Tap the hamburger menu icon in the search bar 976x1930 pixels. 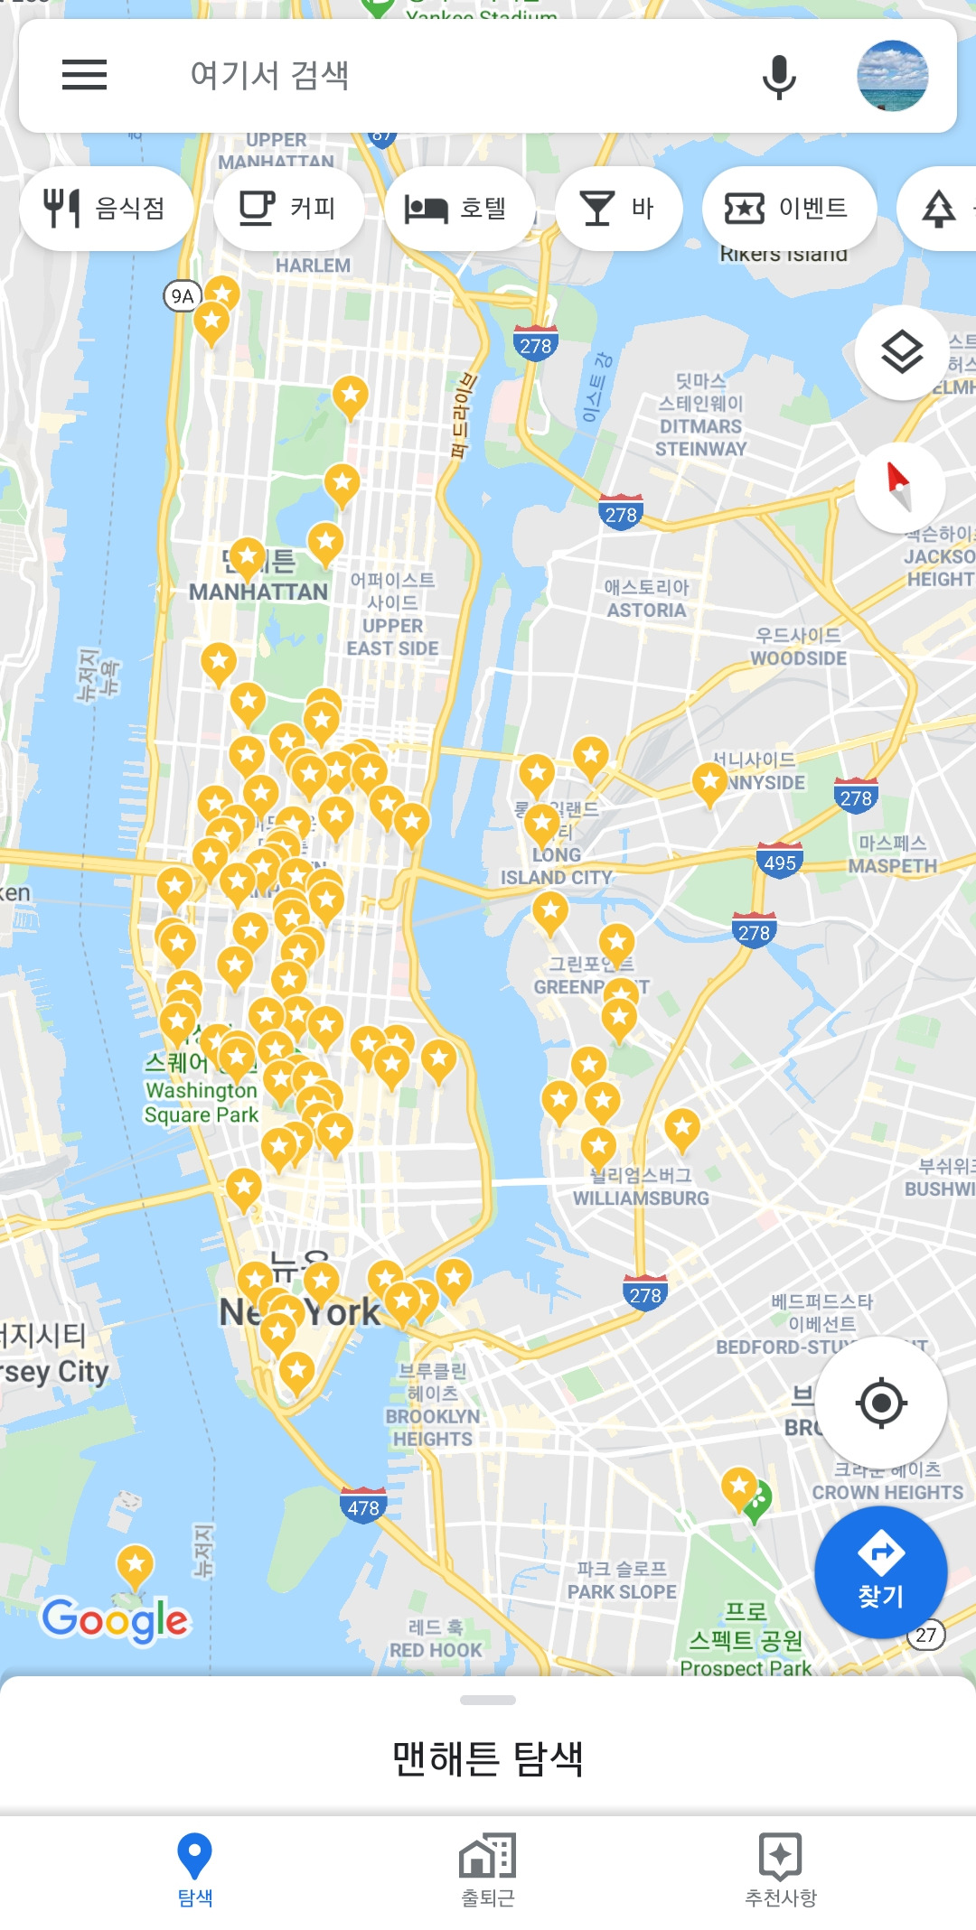coord(84,75)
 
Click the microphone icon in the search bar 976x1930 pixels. coord(778,76)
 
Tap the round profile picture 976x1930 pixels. coord(892,76)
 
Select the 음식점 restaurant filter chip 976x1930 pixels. coord(106,209)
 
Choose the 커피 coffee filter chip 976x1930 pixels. coord(288,209)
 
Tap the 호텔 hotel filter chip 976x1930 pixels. coord(458,209)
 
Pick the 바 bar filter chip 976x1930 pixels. coord(618,209)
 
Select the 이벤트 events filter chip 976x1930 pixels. coord(789,209)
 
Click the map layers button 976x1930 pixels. coord(901,352)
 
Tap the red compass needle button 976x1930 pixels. coord(899,487)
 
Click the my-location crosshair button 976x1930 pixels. coord(881,1403)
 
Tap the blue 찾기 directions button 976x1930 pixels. coord(881,1572)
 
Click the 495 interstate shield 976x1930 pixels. coord(780,862)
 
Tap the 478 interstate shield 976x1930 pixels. coord(363,1506)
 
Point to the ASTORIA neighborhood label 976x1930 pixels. coord(646,611)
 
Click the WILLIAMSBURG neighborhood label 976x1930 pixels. coord(641,1198)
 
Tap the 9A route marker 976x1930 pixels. coord(183,296)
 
